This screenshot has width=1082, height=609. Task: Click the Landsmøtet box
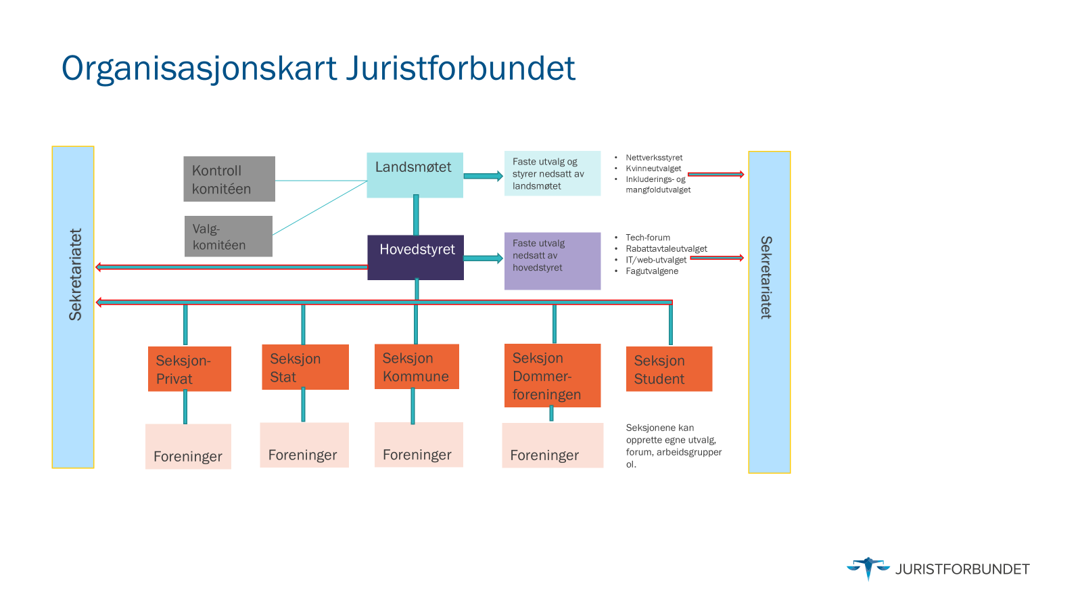[415, 175]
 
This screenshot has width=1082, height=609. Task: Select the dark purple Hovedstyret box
[415, 257]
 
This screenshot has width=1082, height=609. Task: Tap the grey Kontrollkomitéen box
[229, 179]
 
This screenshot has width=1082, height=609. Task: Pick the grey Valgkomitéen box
[229, 236]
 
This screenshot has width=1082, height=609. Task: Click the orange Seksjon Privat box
[189, 369]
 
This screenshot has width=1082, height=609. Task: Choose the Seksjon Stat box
[305, 367]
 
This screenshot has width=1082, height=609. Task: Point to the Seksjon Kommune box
[417, 367]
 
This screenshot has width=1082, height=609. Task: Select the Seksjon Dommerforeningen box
[552, 376]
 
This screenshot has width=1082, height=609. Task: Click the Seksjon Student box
[669, 369]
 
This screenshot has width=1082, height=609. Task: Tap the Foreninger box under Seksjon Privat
[188, 447]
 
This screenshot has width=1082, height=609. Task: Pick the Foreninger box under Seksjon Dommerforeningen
[552, 445]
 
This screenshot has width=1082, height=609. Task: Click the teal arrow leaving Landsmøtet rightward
[483, 176]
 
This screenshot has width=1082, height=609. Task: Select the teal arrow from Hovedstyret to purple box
[483, 258]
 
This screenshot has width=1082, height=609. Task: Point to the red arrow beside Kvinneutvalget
[715, 175]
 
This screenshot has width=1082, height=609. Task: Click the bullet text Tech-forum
[648, 238]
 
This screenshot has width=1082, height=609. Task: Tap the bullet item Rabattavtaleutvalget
[666, 248]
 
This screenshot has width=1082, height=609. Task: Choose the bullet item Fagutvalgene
[652, 271]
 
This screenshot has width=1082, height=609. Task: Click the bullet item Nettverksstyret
[654, 158]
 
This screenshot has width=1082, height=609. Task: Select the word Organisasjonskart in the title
[199, 68]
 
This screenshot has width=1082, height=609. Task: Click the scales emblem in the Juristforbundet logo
[868, 568]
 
